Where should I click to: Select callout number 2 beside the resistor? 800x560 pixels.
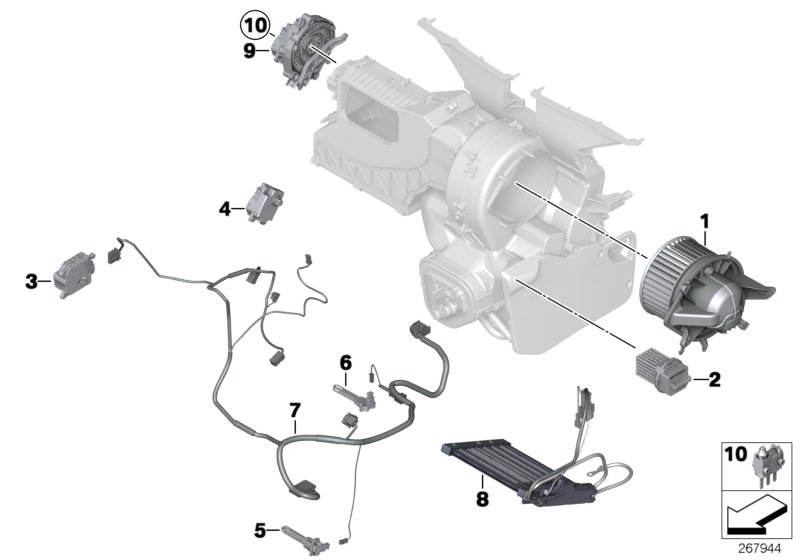click(714, 379)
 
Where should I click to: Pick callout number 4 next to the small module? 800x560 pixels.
click(225, 208)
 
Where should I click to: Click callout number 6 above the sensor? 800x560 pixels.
click(345, 362)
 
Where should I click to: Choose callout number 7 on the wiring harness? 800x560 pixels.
click(294, 411)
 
